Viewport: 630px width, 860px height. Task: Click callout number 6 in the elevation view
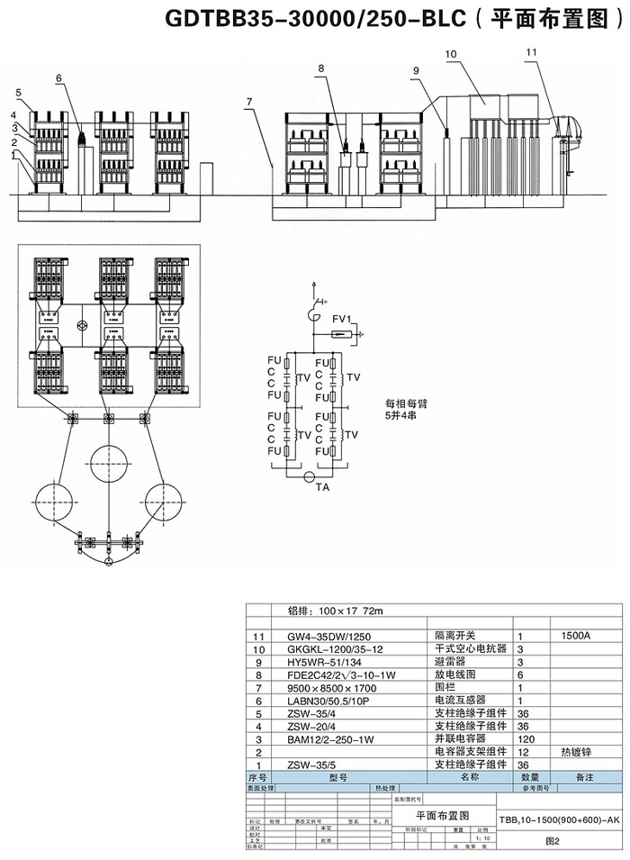click(x=59, y=78)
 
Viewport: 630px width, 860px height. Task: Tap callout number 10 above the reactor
click(x=451, y=55)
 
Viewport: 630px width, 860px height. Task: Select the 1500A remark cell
click(x=575, y=636)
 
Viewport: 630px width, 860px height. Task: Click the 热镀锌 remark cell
click(x=576, y=751)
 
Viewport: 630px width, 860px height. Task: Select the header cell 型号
click(x=337, y=776)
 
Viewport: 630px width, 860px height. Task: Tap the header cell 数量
click(x=530, y=776)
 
